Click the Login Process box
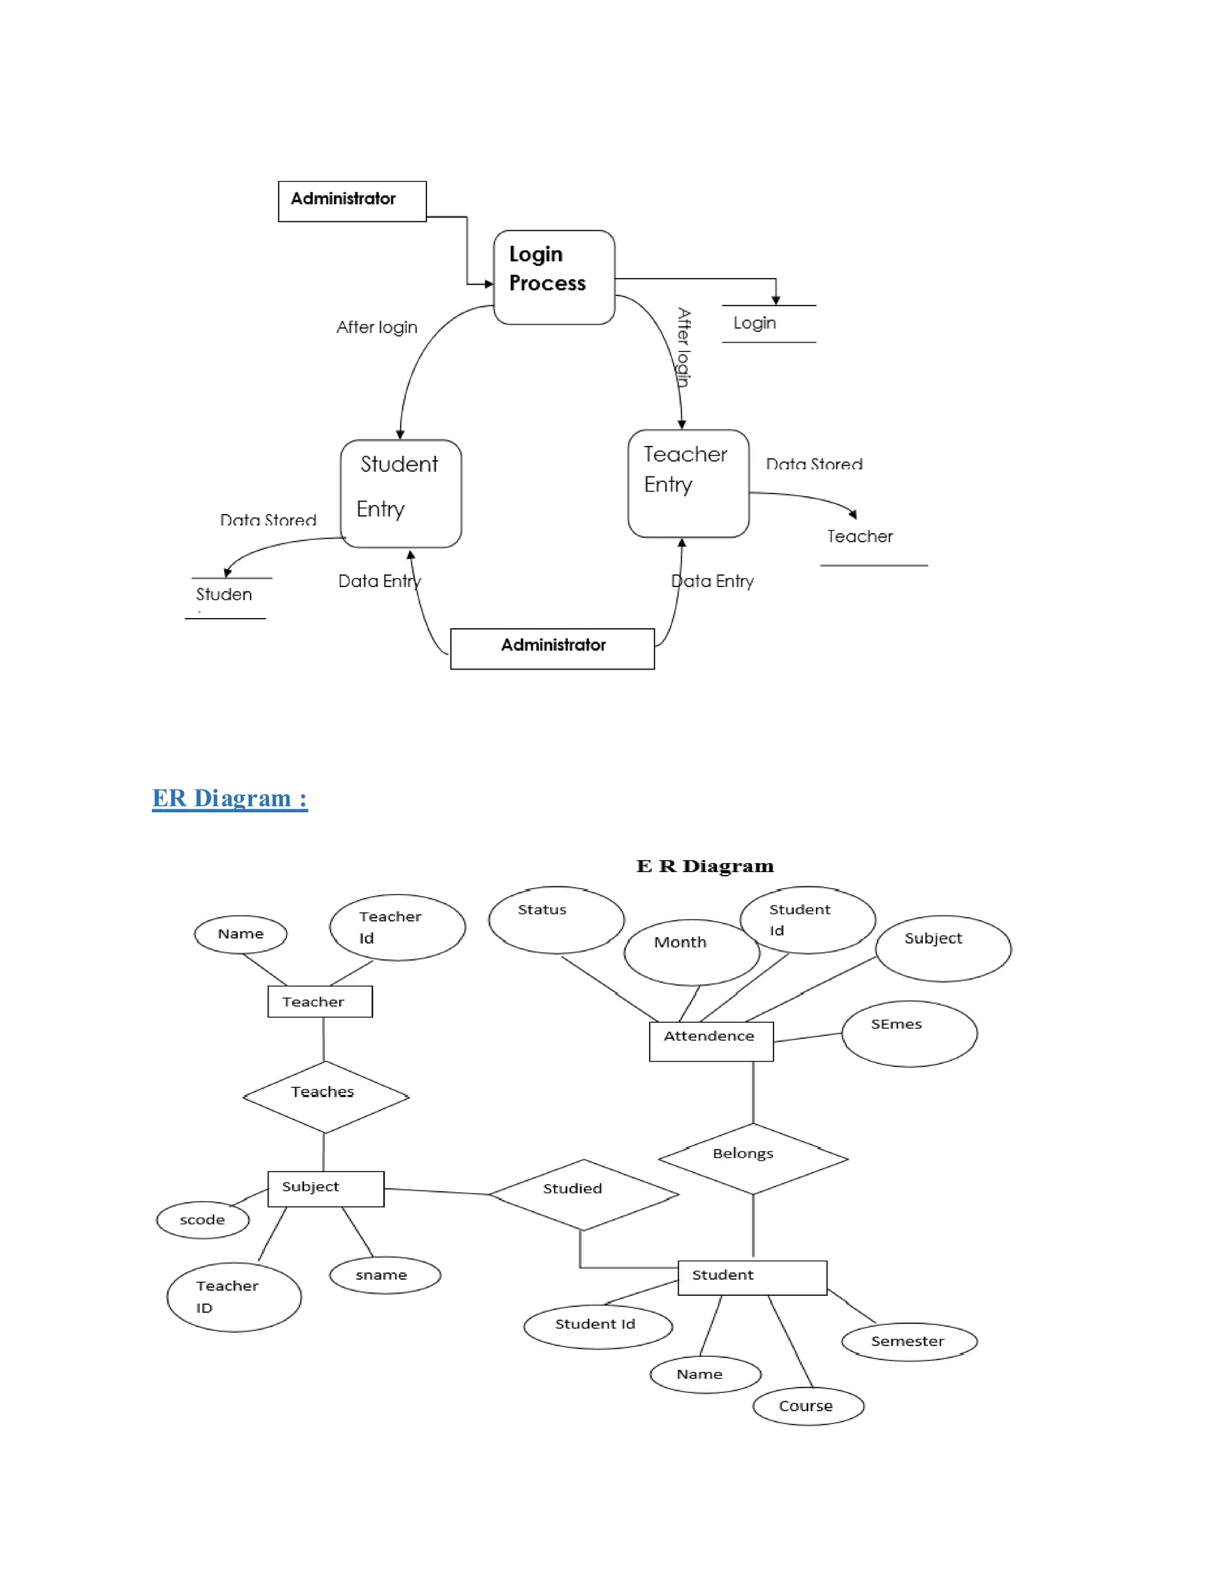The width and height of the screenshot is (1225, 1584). pyautogui.click(x=554, y=277)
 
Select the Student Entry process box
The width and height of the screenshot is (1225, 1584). pyautogui.click(x=401, y=493)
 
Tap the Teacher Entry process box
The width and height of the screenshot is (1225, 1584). pyautogui.click(x=688, y=483)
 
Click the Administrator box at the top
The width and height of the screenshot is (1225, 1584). pyautogui.click(x=352, y=201)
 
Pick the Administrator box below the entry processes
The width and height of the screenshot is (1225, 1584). pyautogui.click(x=551, y=649)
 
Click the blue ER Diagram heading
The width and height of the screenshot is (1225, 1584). pyautogui.click(x=229, y=798)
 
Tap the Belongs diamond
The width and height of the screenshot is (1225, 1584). pyautogui.click(x=752, y=1158)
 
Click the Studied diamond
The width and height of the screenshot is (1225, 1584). pyautogui.click(x=583, y=1194)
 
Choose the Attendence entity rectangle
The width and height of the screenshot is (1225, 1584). pyautogui.click(x=711, y=1041)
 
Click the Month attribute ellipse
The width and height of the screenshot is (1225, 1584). pyautogui.click(x=691, y=952)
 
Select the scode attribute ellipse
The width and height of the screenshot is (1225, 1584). pyautogui.click(x=203, y=1220)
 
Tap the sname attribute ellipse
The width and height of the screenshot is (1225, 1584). pyautogui.click(x=385, y=1275)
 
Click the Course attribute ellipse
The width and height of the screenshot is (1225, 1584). pyautogui.click(x=807, y=1406)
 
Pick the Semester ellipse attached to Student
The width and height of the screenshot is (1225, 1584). pyautogui.click(x=909, y=1341)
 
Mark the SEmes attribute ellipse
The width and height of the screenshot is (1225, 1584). pyautogui.click(x=909, y=1033)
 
